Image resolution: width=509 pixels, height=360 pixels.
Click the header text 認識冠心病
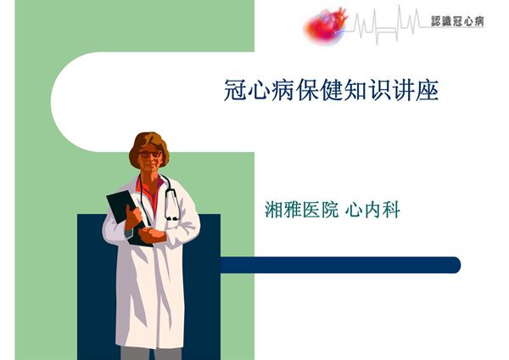[x=457, y=20]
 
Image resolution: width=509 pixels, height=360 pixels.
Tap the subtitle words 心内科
[x=374, y=209]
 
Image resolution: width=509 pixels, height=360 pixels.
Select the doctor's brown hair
[x=148, y=140]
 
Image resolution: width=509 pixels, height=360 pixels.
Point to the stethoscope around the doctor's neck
[x=171, y=200]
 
